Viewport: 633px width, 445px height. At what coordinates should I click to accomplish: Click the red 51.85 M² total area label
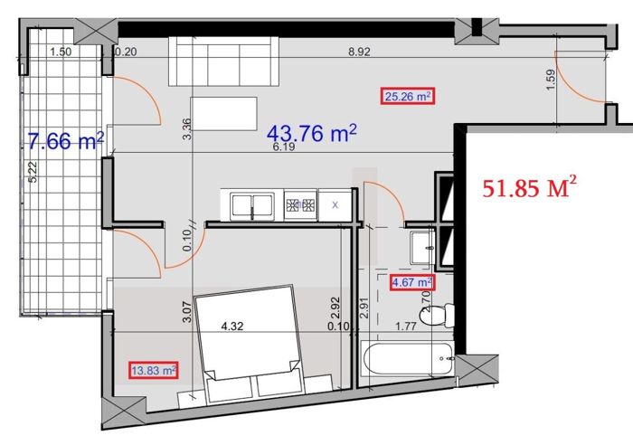(x=529, y=186)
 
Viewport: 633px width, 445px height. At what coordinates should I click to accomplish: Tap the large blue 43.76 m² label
(x=312, y=133)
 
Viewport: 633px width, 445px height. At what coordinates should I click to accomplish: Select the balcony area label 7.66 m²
(x=66, y=141)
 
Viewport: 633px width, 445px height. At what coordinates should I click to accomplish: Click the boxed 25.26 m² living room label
(x=408, y=96)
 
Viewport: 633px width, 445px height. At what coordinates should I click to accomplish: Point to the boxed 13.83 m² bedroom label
(x=154, y=370)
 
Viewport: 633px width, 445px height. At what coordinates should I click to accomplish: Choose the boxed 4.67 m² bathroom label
(x=411, y=282)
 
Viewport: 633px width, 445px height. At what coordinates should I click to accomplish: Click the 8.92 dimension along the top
(x=359, y=52)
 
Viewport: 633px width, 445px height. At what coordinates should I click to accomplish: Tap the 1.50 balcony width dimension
(x=61, y=52)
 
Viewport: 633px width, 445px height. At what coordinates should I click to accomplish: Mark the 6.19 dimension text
(x=284, y=147)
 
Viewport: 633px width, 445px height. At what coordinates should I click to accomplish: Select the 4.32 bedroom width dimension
(x=232, y=326)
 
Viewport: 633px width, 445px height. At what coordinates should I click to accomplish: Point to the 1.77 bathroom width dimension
(x=406, y=326)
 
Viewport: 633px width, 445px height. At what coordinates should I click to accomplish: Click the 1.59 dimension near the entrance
(x=551, y=80)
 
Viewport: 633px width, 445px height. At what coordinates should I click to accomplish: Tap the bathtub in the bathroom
(x=407, y=359)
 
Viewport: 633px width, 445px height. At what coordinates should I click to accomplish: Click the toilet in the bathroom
(x=437, y=315)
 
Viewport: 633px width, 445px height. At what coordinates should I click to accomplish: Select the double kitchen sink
(x=252, y=206)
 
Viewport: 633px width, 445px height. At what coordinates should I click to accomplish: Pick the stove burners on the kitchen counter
(x=300, y=205)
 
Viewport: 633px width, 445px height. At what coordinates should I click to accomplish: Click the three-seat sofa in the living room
(x=223, y=62)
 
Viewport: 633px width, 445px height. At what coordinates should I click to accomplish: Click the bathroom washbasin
(x=422, y=247)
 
